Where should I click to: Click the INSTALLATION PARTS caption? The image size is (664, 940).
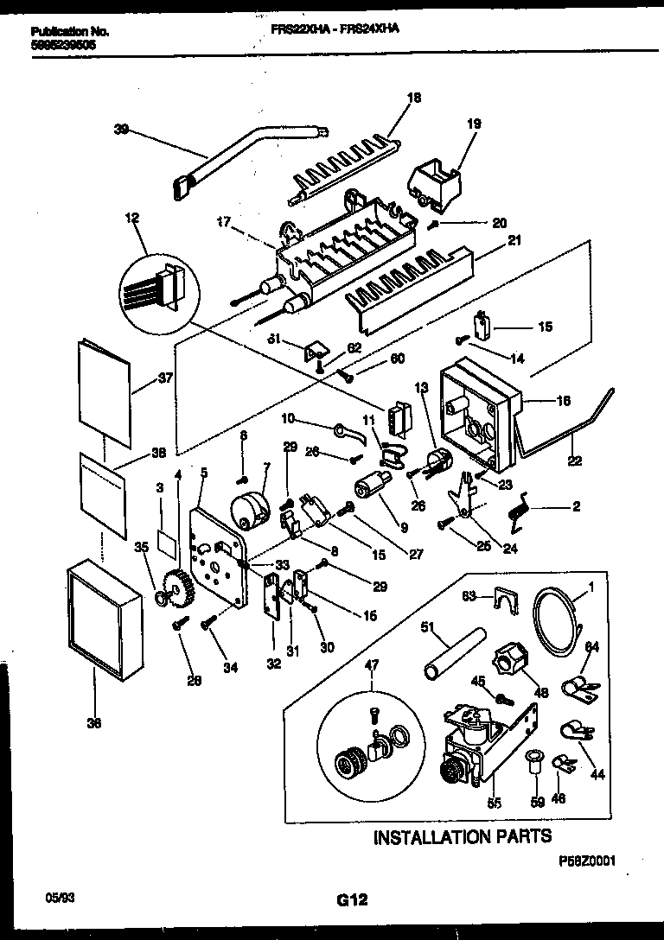[462, 836]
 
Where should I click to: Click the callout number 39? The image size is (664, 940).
[120, 130]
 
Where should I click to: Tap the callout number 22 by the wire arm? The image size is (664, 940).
[572, 460]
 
